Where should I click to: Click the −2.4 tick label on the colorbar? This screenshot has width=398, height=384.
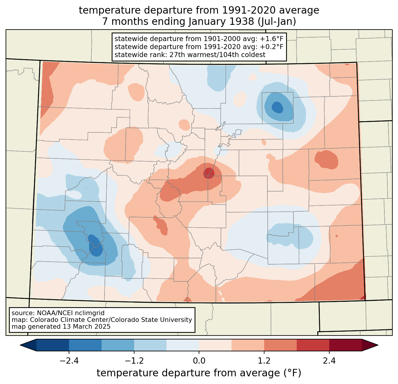[x=69, y=361]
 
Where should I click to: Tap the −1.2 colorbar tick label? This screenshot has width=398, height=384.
[x=134, y=361]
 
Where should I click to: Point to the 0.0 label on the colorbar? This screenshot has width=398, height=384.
[x=199, y=361]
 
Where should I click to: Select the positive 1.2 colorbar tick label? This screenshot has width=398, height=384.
[x=264, y=361]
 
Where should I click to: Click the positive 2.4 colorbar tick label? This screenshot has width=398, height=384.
[x=329, y=361]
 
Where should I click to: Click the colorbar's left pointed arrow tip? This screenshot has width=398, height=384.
[x=20, y=345]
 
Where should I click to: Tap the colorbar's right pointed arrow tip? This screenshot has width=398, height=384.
[x=378, y=345]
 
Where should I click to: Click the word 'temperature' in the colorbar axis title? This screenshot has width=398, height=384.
[x=127, y=373]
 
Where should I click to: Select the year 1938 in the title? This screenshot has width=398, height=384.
[x=242, y=21]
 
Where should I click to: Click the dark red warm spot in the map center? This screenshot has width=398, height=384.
[x=209, y=173]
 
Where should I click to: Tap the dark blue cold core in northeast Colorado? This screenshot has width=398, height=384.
[x=277, y=107]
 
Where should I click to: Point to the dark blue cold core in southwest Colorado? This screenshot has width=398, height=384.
[x=95, y=245]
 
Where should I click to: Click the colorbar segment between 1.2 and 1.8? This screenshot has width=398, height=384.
[x=280, y=345]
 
